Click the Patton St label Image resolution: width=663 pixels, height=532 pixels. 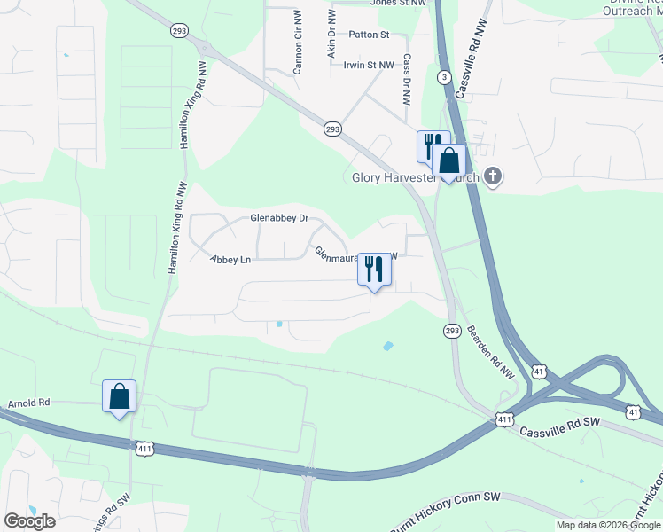tap(369, 35)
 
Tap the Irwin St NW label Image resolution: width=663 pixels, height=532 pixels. tap(369, 66)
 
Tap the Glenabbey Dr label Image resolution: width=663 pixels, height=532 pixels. tap(278, 218)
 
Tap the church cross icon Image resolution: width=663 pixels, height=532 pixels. tap(493, 177)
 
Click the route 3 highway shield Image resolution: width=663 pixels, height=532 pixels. tap(442, 77)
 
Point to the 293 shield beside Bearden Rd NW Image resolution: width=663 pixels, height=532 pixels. tap(450, 330)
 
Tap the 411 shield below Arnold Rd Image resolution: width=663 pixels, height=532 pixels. tap(145, 450)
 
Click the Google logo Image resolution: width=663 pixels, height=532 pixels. tap(29, 521)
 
